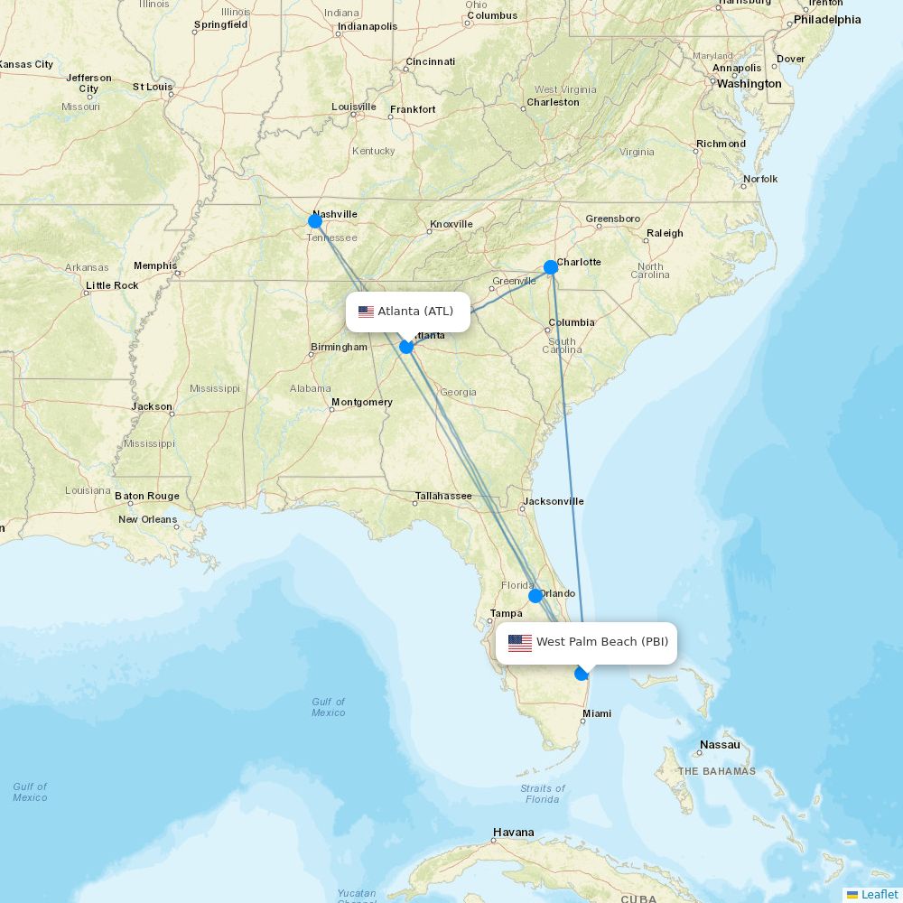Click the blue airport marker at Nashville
tap(315, 221)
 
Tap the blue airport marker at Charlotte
tap(551, 267)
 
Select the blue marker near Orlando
tap(535, 596)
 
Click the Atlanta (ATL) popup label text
tap(415, 312)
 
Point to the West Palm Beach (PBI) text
tap(602, 642)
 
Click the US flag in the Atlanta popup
tap(366, 312)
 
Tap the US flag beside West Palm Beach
tap(520, 643)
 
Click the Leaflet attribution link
tap(879, 894)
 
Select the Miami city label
tap(596, 713)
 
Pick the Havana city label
tap(513, 833)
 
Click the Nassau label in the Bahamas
tap(720, 745)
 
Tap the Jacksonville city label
tap(554, 501)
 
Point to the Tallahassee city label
tap(443, 496)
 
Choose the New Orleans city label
tap(147, 519)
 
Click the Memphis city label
tap(155, 265)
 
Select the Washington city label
tap(749, 84)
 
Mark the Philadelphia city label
tap(827, 20)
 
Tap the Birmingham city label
tap(339, 347)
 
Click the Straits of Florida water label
tap(543, 794)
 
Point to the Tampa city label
tap(506, 614)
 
